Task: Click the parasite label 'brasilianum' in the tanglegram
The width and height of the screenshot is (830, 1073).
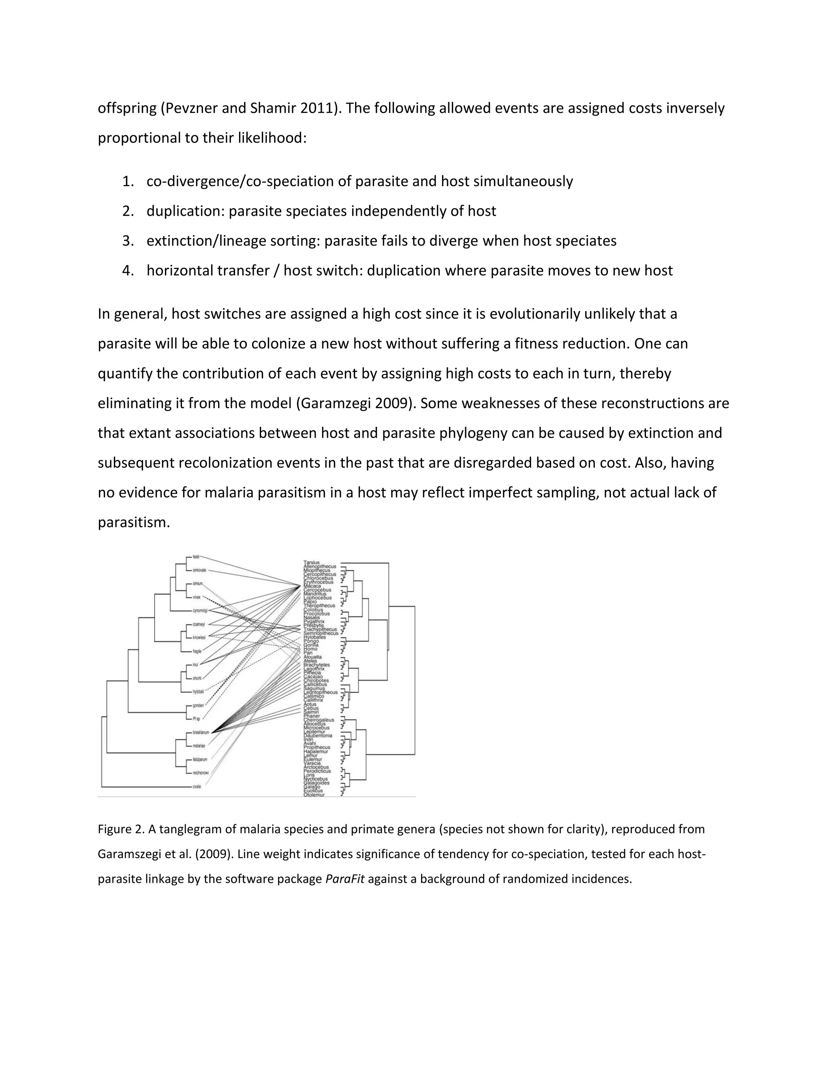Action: click(x=201, y=732)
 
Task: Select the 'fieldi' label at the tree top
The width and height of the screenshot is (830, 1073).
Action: click(x=196, y=557)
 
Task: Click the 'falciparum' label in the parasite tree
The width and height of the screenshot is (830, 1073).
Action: click(x=200, y=759)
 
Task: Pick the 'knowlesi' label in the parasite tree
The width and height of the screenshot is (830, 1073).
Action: click(x=199, y=637)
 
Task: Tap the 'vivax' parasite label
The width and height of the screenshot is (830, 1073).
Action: click(x=197, y=597)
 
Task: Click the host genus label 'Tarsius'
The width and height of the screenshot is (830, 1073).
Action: click(x=312, y=562)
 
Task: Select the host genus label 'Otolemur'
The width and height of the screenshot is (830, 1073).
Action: click(x=314, y=794)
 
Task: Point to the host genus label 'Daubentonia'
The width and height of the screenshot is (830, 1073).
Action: click(x=318, y=735)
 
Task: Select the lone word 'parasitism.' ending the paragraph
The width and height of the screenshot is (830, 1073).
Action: click(x=134, y=522)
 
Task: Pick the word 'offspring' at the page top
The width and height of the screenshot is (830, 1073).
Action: click(x=127, y=108)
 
